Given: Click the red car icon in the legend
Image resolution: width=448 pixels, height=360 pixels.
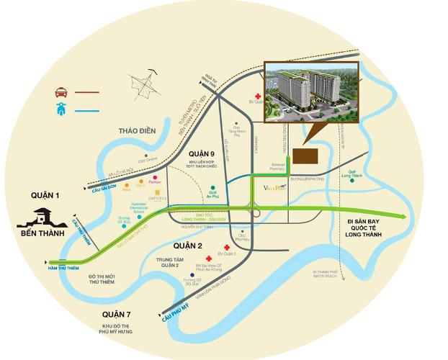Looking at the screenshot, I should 60,92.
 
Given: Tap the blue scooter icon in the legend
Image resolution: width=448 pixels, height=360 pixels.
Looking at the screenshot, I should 60,111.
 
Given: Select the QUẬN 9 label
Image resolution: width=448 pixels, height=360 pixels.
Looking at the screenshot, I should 202,154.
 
